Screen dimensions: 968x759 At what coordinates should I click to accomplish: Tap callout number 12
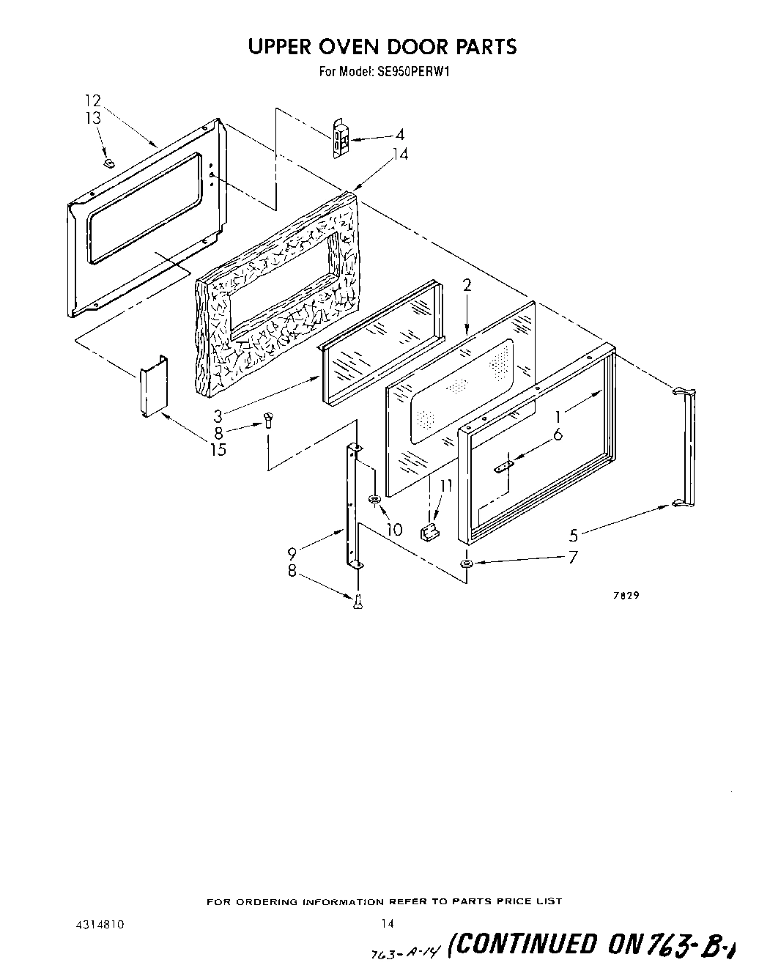[92, 101]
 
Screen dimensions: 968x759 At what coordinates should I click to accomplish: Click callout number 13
[92, 119]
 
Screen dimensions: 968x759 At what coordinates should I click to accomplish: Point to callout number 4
[399, 135]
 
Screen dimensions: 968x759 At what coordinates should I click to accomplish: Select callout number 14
[400, 155]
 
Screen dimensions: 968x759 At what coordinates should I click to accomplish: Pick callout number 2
[467, 286]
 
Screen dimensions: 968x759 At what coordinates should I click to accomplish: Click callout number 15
[218, 450]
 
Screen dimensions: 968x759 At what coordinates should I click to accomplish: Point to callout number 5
[573, 536]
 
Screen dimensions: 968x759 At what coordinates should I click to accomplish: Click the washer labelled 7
[466, 564]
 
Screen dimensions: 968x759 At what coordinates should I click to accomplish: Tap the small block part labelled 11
[429, 531]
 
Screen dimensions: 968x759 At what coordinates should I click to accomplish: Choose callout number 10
[394, 529]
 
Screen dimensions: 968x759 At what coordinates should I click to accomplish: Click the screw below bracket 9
[358, 601]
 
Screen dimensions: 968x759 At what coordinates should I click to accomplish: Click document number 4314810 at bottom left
[100, 925]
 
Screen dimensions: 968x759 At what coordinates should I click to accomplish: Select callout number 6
[558, 434]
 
